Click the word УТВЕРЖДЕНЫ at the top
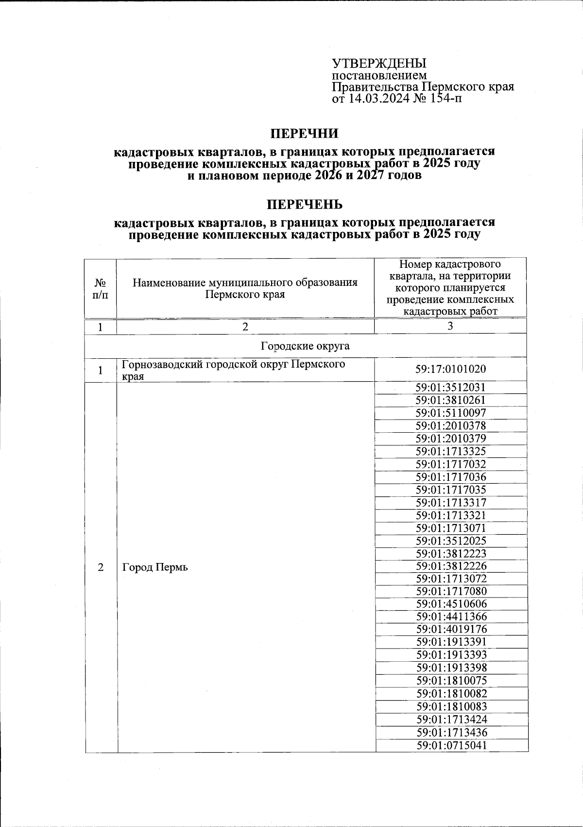tap(379, 64)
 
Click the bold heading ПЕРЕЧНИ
tap(304, 133)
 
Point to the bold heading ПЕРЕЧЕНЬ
tap(304, 204)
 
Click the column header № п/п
tap(101, 289)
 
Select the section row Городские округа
tap(306, 346)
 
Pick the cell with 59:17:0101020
tap(450, 370)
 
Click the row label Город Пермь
tap(154, 567)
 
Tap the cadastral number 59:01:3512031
tap(450, 387)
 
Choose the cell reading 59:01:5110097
tap(450, 413)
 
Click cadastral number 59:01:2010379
tap(450, 439)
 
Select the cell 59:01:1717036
tap(450, 477)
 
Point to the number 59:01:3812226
tap(450, 566)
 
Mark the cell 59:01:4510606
tap(450, 604)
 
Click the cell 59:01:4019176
tap(450, 629)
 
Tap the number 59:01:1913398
tap(450, 668)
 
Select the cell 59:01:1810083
tap(450, 706)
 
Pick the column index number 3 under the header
tap(450, 326)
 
